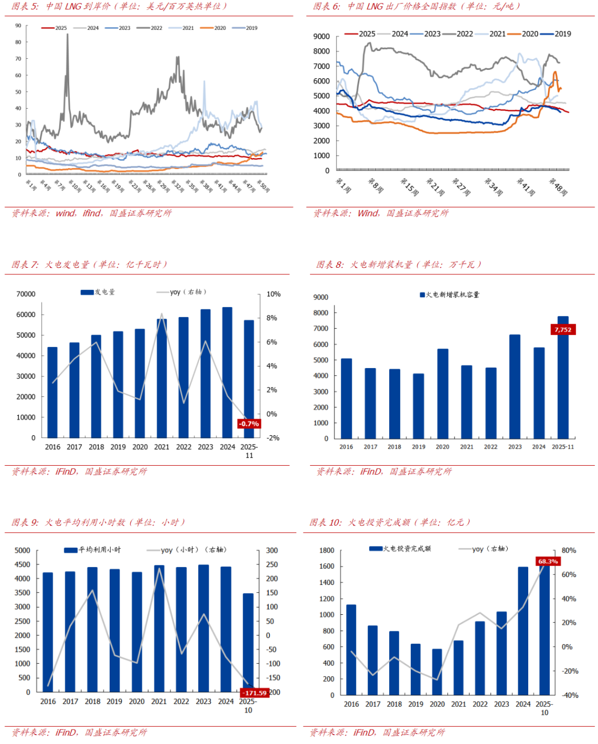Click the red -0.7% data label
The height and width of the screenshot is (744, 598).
[249, 424]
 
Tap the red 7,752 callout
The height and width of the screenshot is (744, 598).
[563, 330]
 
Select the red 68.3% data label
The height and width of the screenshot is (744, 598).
[548, 562]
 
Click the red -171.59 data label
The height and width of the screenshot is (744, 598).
[255, 693]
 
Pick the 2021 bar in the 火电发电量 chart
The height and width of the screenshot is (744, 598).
[162, 378]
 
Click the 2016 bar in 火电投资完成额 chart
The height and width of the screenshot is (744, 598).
[351, 649]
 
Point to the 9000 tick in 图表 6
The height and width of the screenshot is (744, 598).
[321, 37]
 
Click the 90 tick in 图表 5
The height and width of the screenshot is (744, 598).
[18, 26]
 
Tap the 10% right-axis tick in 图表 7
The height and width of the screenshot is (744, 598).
[274, 294]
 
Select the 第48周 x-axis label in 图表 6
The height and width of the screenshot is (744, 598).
[558, 186]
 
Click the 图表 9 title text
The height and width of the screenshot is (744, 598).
[98, 522]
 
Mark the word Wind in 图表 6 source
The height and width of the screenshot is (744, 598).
[368, 213]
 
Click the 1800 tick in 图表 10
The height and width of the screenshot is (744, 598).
[327, 551]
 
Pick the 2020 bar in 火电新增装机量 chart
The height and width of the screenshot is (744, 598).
[443, 394]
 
